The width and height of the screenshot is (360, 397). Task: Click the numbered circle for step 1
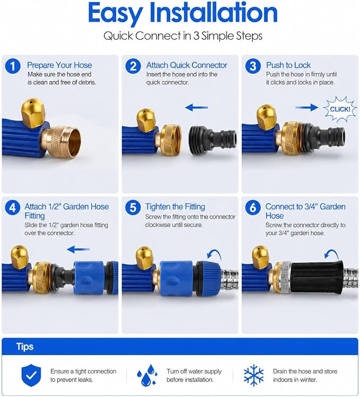click(x=13, y=66)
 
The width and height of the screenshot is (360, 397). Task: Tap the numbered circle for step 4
click(x=13, y=208)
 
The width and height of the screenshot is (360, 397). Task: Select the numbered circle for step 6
click(x=253, y=208)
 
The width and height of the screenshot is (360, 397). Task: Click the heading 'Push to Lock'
click(x=288, y=65)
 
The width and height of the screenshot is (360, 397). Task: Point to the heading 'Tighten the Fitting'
click(x=175, y=207)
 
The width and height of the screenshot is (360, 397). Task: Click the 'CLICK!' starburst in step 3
click(x=340, y=109)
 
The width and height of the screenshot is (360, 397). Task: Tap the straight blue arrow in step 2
click(x=196, y=108)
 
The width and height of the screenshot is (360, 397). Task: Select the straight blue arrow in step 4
click(x=78, y=249)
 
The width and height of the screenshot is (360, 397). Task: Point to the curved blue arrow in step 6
click(x=331, y=254)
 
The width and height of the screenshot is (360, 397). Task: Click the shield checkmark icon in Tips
click(x=31, y=375)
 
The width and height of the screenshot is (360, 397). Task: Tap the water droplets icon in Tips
click(x=147, y=375)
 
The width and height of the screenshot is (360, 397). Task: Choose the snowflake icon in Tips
click(x=254, y=375)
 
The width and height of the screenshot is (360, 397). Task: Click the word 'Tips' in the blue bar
click(x=25, y=347)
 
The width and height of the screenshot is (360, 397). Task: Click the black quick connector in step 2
click(x=213, y=139)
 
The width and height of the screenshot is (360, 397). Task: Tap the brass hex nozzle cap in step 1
click(x=33, y=113)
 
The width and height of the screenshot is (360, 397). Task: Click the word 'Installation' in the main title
click(x=214, y=13)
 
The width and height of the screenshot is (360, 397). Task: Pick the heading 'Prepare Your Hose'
click(x=59, y=65)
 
